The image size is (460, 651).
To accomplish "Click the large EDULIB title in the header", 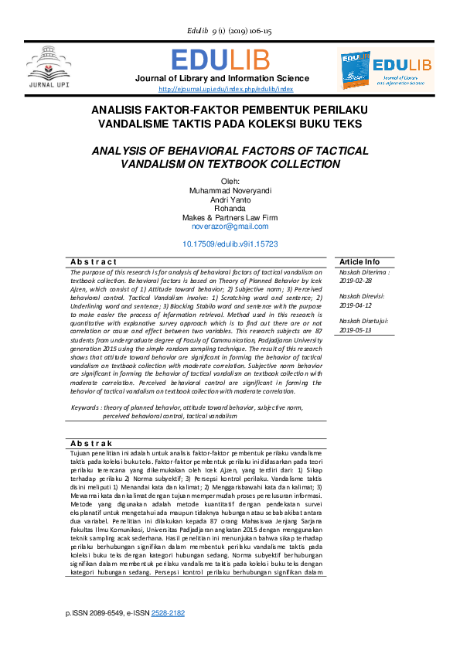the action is click(x=222, y=60).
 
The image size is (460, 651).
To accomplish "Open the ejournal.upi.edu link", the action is click(x=221, y=89).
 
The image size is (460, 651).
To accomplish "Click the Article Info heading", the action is click(x=359, y=262).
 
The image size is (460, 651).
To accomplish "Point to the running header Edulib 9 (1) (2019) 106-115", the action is click(x=229, y=31).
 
